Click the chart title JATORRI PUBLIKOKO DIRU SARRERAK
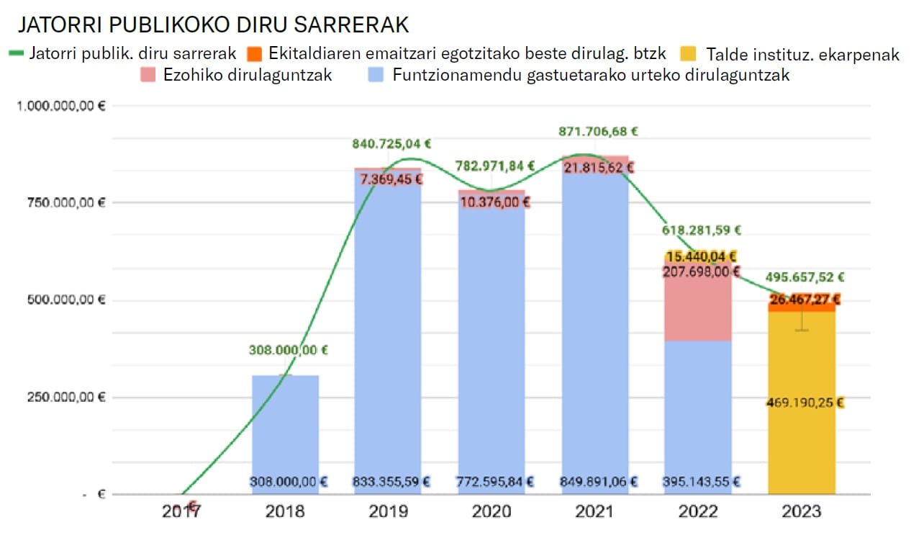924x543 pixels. pyautogui.click(x=213, y=24)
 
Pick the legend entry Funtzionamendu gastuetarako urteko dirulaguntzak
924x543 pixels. pyautogui.click(x=590, y=74)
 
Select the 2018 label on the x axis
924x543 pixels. pyautogui.click(x=285, y=512)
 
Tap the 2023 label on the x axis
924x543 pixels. pyautogui.click(x=802, y=512)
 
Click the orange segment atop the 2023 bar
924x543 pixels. pyautogui.click(x=802, y=306)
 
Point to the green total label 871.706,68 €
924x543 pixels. pyautogui.click(x=598, y=132)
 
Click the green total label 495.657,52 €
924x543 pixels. pyautogui.click(x=805, y=277)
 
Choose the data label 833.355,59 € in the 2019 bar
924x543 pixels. pyautogui.click(x=391, y=482)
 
